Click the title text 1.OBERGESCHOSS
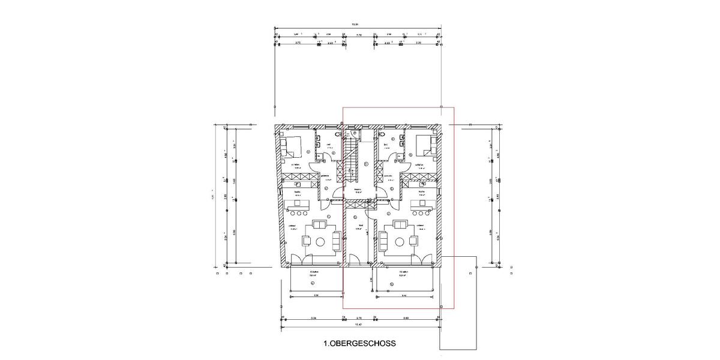click(359, 344)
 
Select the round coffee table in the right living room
click(398, 241)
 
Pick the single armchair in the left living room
click(305, 241)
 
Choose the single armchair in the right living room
click(413, 241)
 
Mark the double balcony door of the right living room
click(419, 260)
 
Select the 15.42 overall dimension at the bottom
click(359, 325)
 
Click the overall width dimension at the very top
click(355, 25)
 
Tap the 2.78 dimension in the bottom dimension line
click(359, 317)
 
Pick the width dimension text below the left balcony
click(316, 296)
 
